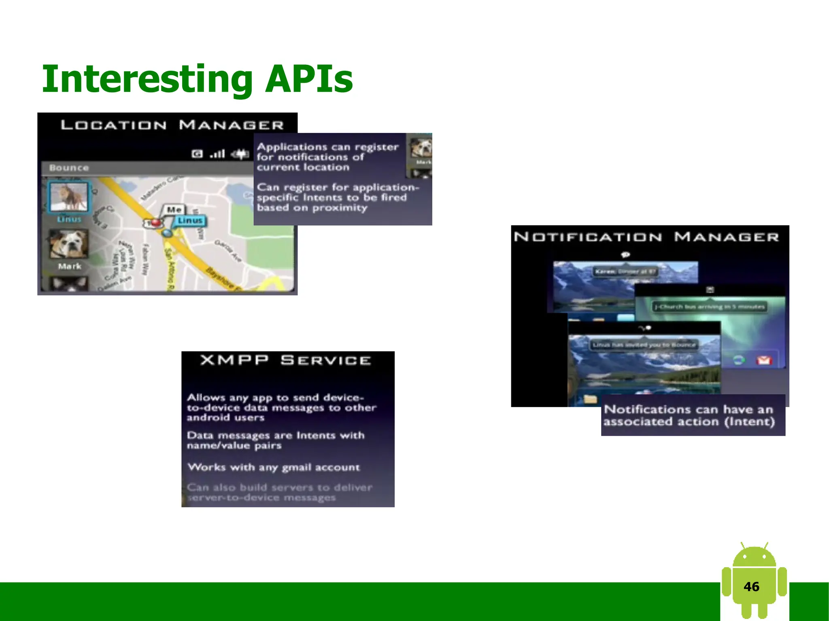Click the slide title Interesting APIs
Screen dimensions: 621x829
tap(197, 78)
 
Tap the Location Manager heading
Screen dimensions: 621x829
tap(172, 125)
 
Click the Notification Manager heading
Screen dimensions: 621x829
tap(646, 237)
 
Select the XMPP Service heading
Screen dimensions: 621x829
tap(285, 360)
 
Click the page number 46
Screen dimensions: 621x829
tap(751, 587)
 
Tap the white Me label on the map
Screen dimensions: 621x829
tap(174, 210)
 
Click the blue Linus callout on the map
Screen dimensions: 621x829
tap(190, 220)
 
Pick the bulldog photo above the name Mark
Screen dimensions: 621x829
tap(68, 244)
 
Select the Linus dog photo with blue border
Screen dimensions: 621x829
tap(68, 197)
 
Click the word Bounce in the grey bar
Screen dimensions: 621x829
tap(69, 168)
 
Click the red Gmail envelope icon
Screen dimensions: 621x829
tap(764, 360)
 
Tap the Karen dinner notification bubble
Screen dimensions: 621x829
tap(625, 271)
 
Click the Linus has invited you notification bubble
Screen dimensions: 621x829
tap(644, 345)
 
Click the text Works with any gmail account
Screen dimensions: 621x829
tap(274, 467)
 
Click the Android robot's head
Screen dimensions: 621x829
tap(754, 556)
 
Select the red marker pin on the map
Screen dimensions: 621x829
tap(155, 223)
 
